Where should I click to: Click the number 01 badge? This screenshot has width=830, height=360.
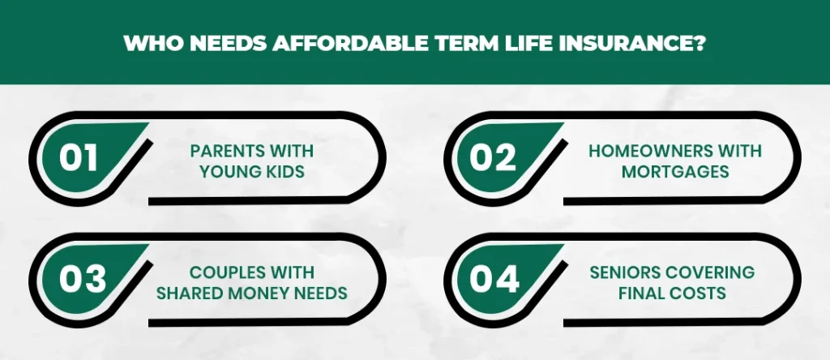[x=88, y=158]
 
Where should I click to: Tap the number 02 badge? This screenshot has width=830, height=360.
[x=503, y=158]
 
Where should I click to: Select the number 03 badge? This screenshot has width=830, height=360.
[x=88, y=279]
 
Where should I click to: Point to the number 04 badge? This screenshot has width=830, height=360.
[x=503, y=279]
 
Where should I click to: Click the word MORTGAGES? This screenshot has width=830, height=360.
[x=675, y=172]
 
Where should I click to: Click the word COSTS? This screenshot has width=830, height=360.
[x=700, y=293]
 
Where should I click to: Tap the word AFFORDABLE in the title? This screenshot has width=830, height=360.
[x=350, y=44]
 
